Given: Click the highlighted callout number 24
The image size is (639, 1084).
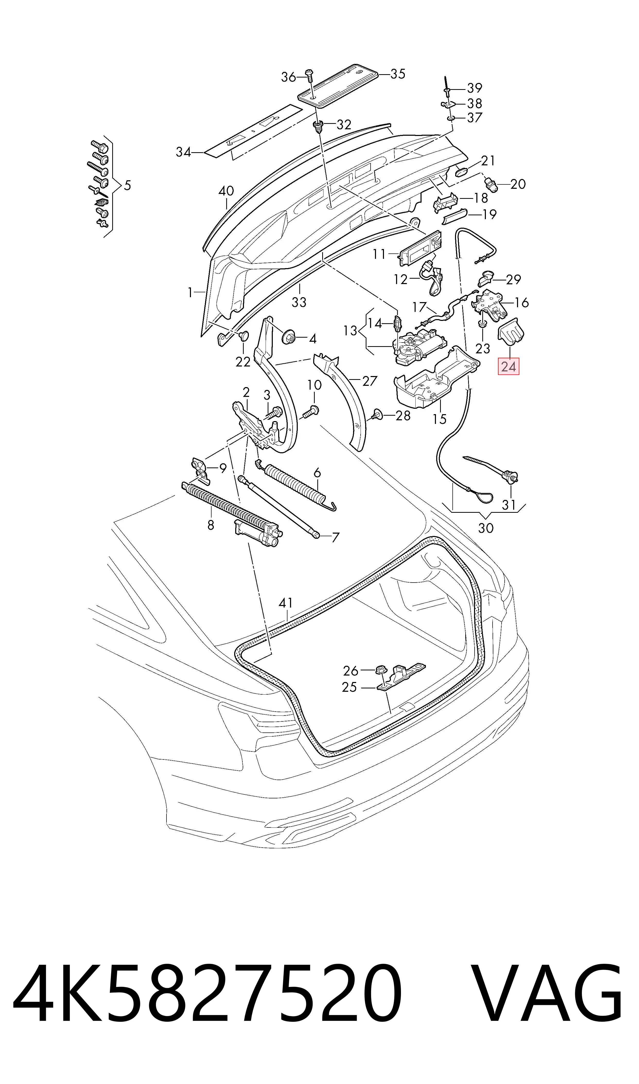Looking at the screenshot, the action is click(x=509, y=367).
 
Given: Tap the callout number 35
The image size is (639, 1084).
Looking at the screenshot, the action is click(x=398, y=74).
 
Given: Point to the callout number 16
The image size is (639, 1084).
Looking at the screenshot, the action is click(x=521, y=303).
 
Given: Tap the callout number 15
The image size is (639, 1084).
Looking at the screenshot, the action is click(x=440, y=419).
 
